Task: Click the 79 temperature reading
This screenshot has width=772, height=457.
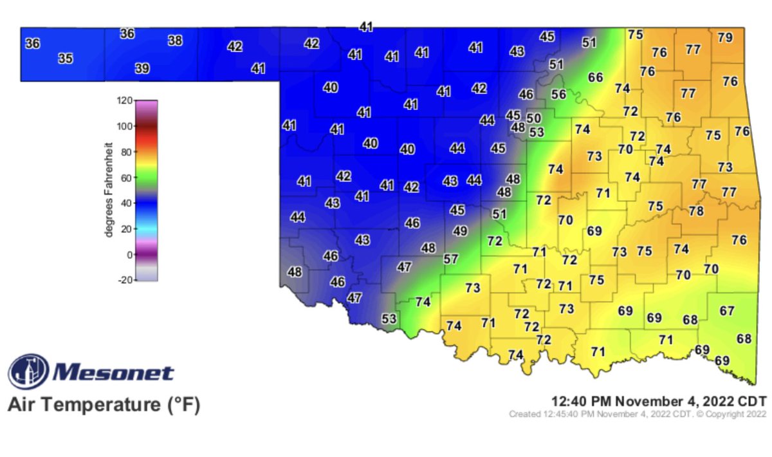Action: [x=725, y=37]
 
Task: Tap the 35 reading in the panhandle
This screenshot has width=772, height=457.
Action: [x=66, y=59]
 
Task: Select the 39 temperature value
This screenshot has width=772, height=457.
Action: [x=142, y=68]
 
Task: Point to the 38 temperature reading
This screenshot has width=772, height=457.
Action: [x=175, y=41]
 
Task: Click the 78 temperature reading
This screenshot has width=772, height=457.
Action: [x=696, y=211]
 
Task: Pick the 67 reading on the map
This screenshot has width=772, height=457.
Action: [x=727, y=311]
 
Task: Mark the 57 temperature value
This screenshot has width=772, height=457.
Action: [x=451, y=259]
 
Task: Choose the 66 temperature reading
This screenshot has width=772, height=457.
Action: [x=596, y=78]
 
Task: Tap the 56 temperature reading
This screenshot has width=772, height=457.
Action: [x=558, y=94]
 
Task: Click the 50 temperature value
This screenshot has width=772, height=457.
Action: [x=534, y=118]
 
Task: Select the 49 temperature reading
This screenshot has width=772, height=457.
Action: [x=460, y=230]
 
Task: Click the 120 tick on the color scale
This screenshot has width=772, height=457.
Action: [x=124, y=100]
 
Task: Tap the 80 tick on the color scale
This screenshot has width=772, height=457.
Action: [x=127, y=152]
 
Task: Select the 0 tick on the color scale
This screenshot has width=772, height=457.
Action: [x=129, y=255]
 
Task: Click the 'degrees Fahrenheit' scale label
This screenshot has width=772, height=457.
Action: [x=109, y=191]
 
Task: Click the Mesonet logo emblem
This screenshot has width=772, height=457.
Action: [x=28, y=372]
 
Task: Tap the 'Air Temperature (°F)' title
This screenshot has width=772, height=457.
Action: [x=104, y=406]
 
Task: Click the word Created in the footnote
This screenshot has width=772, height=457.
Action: [x=522, y=414]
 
